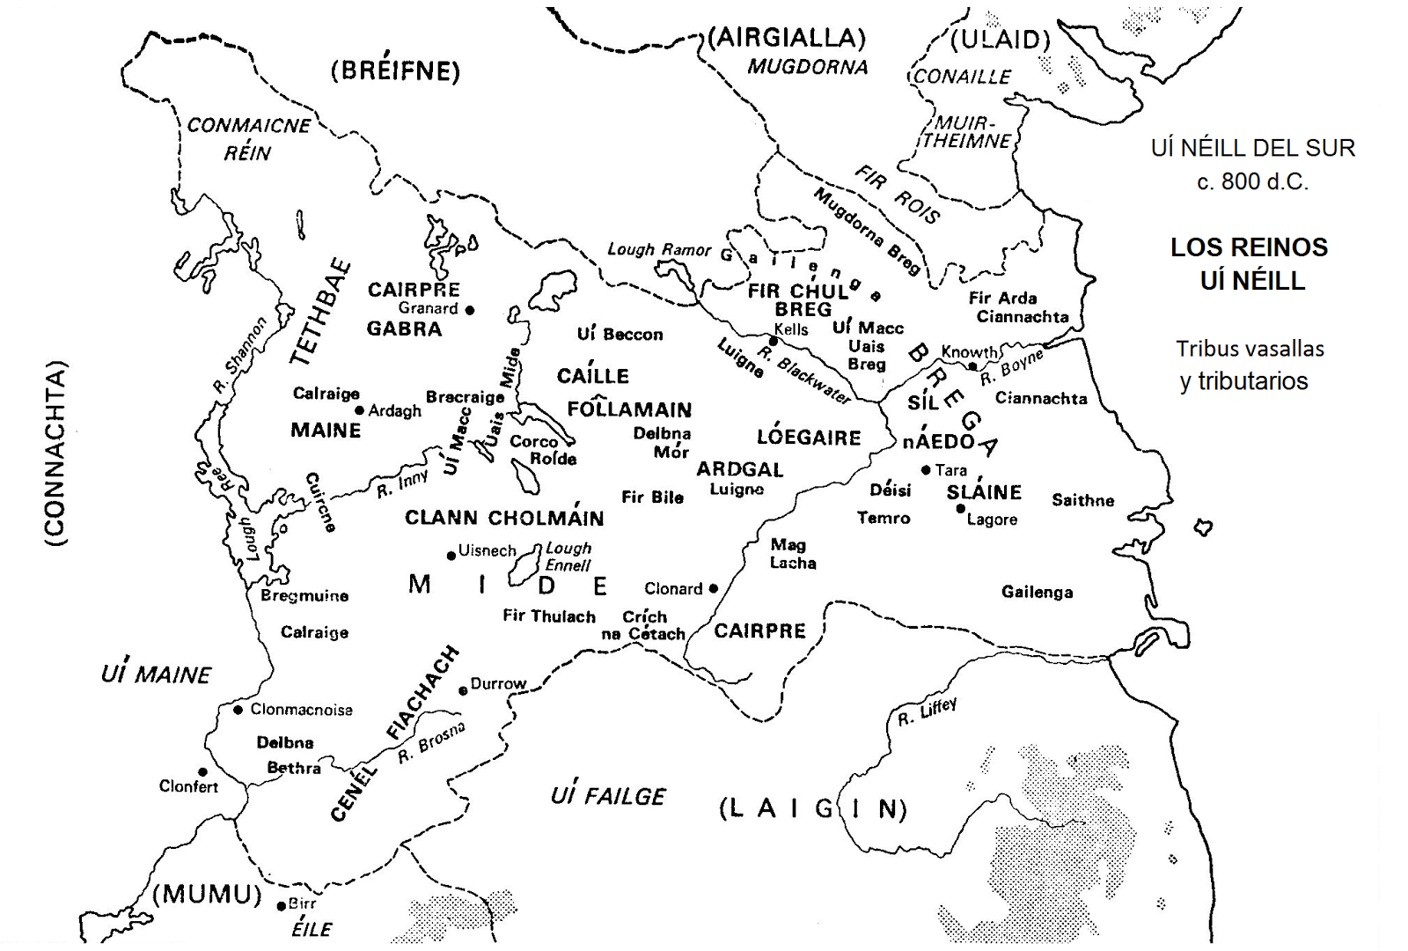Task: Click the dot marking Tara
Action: (x=926, y=470)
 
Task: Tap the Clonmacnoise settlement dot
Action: (x=238, y=710)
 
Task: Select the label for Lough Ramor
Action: (x=658, y=250)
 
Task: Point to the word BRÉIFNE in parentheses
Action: (x=395, y=71)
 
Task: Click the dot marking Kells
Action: (x=774, y=341)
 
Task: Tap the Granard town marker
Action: (x=470, y=310)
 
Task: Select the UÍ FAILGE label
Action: (x=608, y=796)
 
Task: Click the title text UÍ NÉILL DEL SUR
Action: (x=1252, y=148)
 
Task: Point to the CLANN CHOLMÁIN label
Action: (x=504, y=518)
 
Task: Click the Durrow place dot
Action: (x=463, y=691)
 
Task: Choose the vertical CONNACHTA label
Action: (x=55, y=453)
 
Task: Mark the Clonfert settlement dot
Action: (x=202, y=772)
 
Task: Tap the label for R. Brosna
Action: (x=431, y=742)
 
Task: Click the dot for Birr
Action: (x=282, y=905)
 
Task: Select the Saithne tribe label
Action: (x=1082, y=500)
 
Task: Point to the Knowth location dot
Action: (x=972, y=365)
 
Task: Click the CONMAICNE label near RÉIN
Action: (x=248, y=125)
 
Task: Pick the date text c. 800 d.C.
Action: (x=1252, y=181)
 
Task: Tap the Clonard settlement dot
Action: (x=713, y=588)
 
